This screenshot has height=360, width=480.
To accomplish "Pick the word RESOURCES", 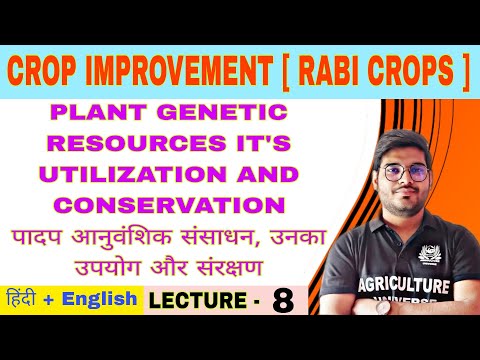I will click(117, 144).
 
